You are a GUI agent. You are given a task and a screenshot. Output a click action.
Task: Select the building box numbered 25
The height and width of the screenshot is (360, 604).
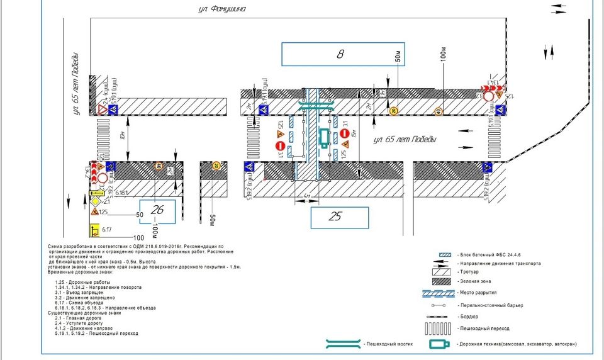[339, 217]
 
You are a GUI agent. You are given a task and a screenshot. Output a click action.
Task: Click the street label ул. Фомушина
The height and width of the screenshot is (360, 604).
[220, 9]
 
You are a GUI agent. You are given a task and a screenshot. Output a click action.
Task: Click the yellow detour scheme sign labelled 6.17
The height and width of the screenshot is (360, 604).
[96, 231]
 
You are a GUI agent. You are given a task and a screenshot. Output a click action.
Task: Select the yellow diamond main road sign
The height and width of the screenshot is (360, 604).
[96, 201]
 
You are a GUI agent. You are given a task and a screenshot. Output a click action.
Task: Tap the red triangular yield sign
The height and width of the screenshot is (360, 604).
[102, 110]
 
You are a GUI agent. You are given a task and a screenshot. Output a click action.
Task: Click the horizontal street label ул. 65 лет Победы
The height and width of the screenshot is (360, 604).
[405, 139]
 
